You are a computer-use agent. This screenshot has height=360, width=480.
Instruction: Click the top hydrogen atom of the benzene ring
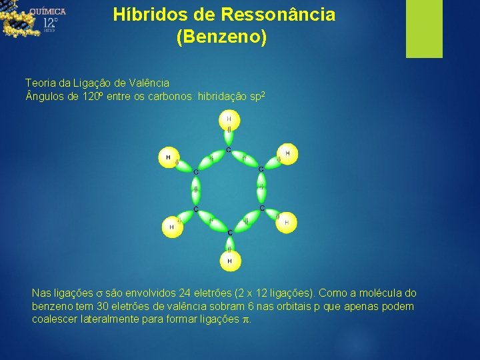pos(229,120)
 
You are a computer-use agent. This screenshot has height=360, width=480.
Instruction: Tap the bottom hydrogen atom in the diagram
pos(229,261)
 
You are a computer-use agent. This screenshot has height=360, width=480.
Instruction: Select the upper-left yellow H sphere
pos(169,157)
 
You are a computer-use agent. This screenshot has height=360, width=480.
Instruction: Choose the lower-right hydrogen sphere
pos(287,222)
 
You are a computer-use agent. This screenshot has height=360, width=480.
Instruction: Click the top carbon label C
pos(229,149)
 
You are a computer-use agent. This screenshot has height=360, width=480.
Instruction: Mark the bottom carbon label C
pos(229,232)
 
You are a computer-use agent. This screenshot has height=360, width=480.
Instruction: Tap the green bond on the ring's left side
pos(195,191)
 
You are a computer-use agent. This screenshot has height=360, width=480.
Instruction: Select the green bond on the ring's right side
pos(261,189)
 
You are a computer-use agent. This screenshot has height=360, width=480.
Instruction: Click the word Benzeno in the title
pos(221,37)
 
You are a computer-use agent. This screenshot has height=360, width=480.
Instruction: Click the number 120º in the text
pos(91,98)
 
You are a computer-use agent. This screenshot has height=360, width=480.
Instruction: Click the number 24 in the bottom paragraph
pos(185,293)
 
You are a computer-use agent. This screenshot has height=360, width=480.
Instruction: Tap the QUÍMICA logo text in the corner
pos(47,11)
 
